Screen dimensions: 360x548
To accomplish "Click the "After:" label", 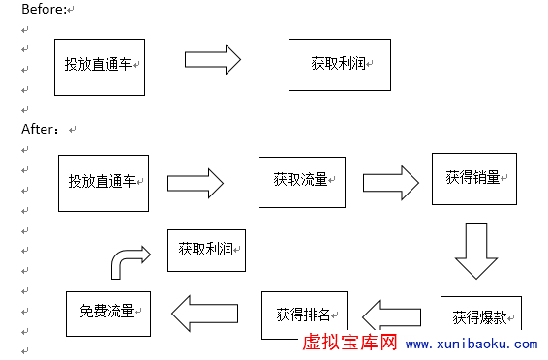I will pyautogui.click(x=42, y=128).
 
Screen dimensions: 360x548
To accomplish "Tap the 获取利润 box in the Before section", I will pyautogui.click(x=340, y=64).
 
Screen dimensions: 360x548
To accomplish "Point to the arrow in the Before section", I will pyautogui.click(x=212, y=59).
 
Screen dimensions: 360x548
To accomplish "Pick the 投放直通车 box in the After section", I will pyautogui.click(x=104, y=182).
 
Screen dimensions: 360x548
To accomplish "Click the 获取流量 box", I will pyautogui.click(x=302, y=180).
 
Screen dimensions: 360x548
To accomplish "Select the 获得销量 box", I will pyautogui.click(x=474, y=178).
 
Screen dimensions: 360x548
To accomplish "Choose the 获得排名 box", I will pyautogui.click(x=304, y=315).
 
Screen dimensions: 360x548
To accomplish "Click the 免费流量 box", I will pyautogui.click(x=107, y=312).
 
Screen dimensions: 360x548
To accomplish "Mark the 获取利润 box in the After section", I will pyautogui.click(x=206, y=250).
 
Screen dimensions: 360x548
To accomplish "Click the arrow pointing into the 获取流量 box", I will pyautogui.click(x=196, y=182).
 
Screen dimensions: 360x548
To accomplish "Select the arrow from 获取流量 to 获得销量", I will pyautogui.click(x=390, y=181).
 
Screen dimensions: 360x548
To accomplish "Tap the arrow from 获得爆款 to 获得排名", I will pyautogui.click(x=391, y=314).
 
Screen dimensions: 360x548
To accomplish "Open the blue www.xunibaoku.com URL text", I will pyautogui.click(x=471, y=345).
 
